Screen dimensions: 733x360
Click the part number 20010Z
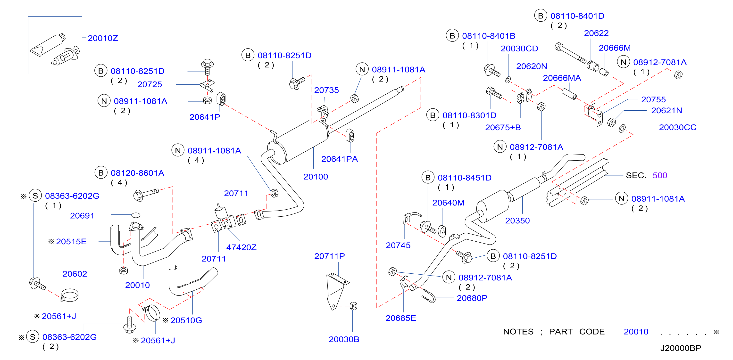pyautogui.click(x=103, y=38)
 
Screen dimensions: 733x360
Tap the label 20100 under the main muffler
pyautogui.click(x=316, y=177)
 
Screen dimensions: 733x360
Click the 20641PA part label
pyautogui.click(x=340, y=159)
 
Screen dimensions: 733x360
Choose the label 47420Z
pyautogui.click(x=241, y=247)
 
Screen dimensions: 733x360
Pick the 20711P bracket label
pyautogui.click(x=330, y=256)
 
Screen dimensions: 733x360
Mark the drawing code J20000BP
pyautogui.click(x=681, y=348)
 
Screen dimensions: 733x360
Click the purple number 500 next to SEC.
pyautogui.click(x=660, y=175)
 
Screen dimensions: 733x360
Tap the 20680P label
pyautogui.click(x=472, y=298)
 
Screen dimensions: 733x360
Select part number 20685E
pyautogui.click(x=401, y=318)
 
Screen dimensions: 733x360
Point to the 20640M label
pyautogui.click(x=449, y=203)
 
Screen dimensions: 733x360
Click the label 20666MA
pyautogui.click(x=562, y=78)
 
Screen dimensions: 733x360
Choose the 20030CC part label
pyautogui.click(x=678, y=127)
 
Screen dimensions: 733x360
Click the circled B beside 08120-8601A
pyautogui.click(x=101, y=173)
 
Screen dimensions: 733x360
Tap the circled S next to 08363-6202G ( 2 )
pyautogui.click(x=33, y=337)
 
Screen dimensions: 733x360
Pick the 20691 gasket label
pyautogui.click(x=82, y=216)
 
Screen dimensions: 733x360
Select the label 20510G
pyautogui.click(x=186, y=320)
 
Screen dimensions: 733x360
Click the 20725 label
pyautogui.click(x=150, y=84)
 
